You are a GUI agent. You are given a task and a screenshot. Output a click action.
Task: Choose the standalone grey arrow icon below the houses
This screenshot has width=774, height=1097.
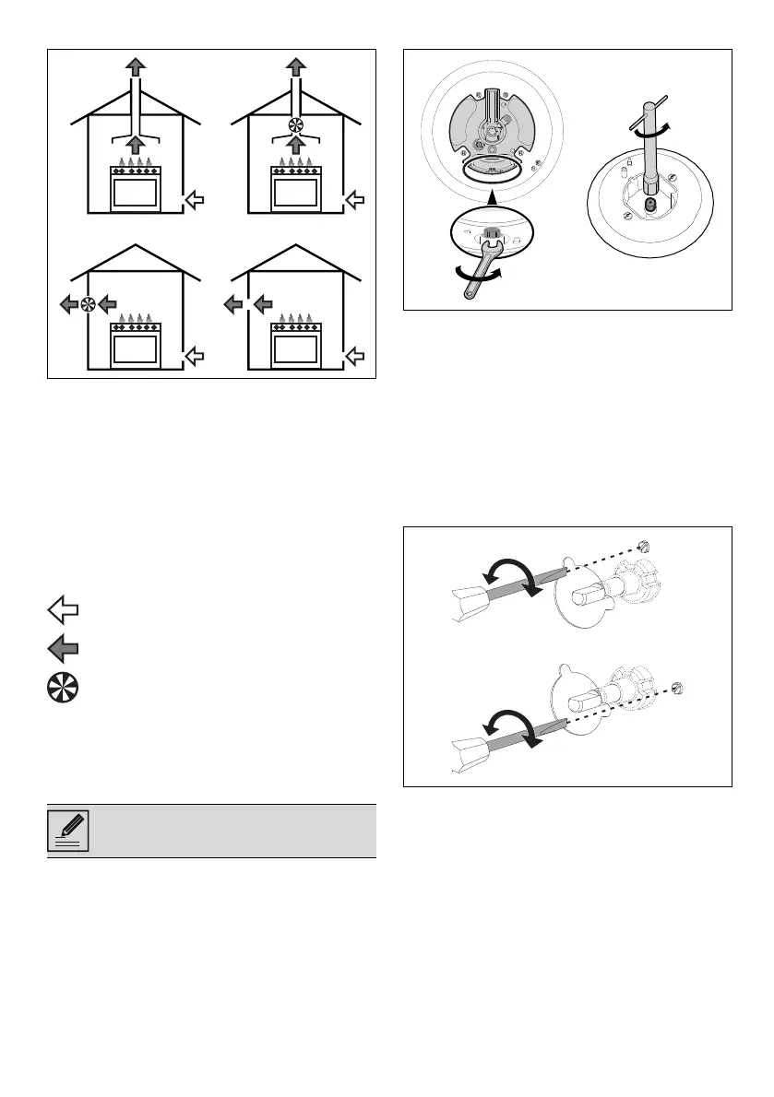pyautogui.click(x=63, y=649)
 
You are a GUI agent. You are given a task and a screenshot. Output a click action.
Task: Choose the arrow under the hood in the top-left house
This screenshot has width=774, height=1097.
pyautogui.click(x=136, y=145)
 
